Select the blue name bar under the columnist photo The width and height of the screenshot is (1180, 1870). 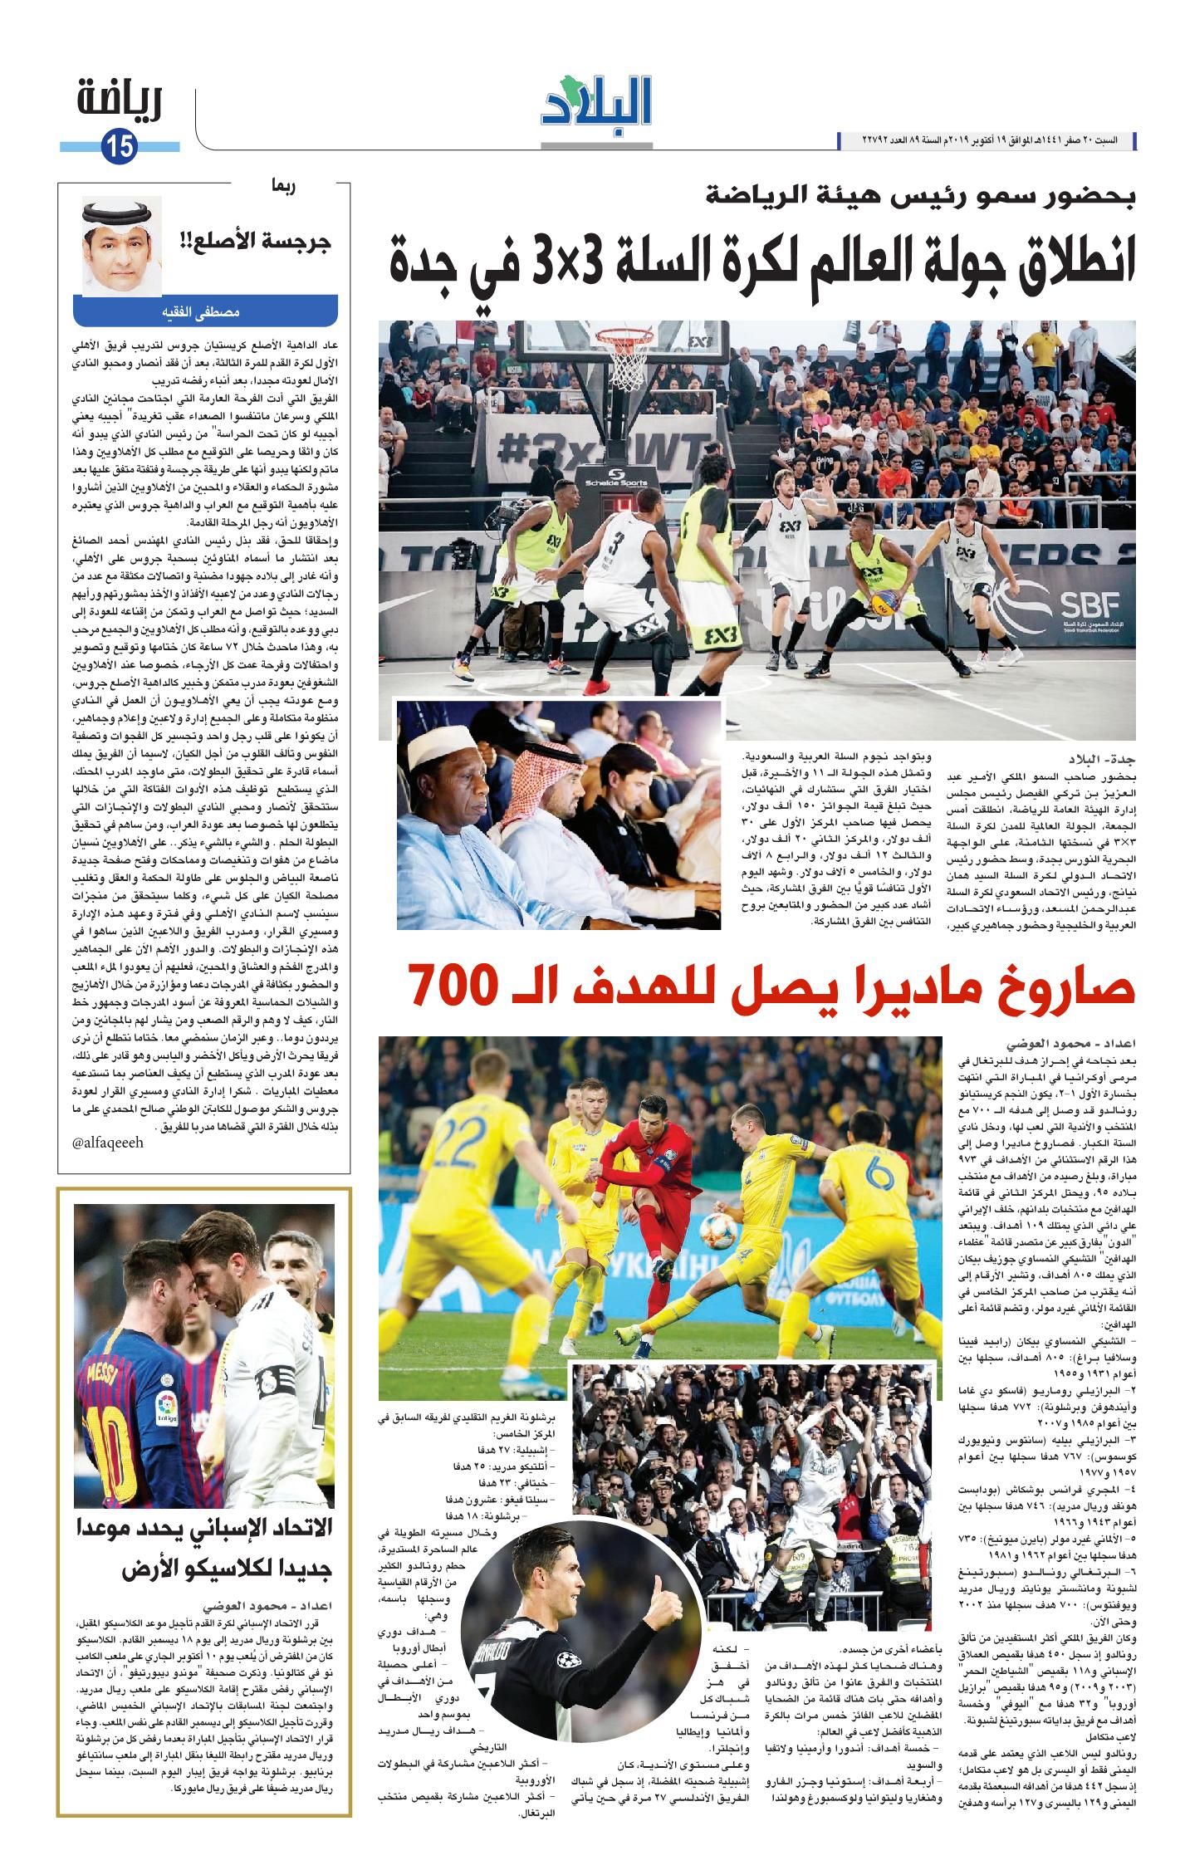(x=205, y=314)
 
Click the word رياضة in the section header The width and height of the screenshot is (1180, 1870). (x=120, y=101)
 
